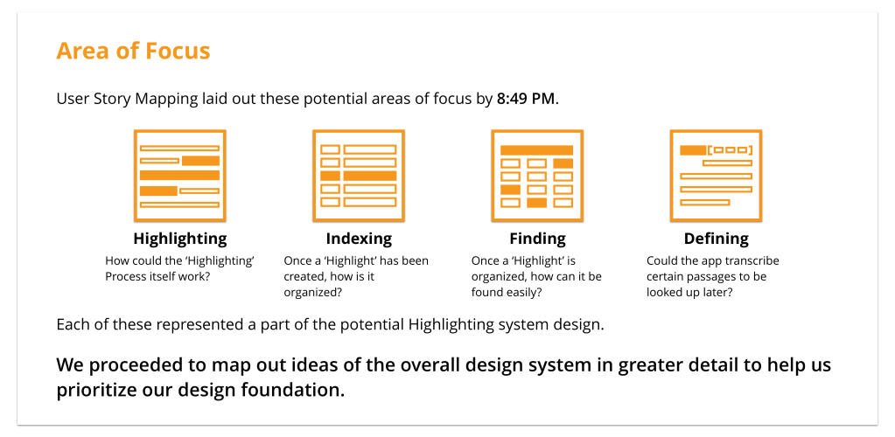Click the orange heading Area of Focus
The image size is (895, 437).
(x=133, y=51)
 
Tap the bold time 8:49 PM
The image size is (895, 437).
(x=525, y=99)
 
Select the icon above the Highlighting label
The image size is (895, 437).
(x=180, y=175)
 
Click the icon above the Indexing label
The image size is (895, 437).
(x=359, y=175)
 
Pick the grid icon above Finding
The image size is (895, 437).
(x=537, y=175)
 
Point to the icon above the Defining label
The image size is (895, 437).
(x=716, y=175)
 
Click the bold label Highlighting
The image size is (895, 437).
(x=180, y=238)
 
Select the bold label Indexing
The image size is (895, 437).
(x=359, y=238)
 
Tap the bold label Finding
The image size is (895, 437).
(x=538, y=238)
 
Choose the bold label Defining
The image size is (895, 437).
(x=717, y=238)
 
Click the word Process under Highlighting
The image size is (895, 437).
(x=126, y=277)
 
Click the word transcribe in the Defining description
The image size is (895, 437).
(x=753, y=261)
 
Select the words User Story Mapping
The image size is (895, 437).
(x=127, y=100)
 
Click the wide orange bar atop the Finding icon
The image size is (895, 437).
(x=536, y=150)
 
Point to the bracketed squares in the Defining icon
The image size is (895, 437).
(x=730, y=150)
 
